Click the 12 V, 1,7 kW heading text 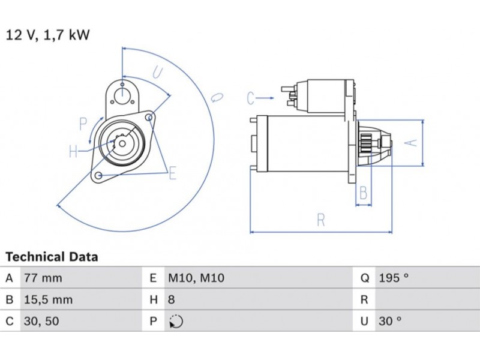tap(48, 35)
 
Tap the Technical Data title tap(52, 257)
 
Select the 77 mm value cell tap(43, 278)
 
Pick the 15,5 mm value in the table tap(49, 299)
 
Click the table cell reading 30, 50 tap(41, 321)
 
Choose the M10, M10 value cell tap(196, 278)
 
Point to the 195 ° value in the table tap(394, 278)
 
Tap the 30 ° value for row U tap(389, 321)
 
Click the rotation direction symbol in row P tap(176, 322)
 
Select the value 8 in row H tap(172, 299)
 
